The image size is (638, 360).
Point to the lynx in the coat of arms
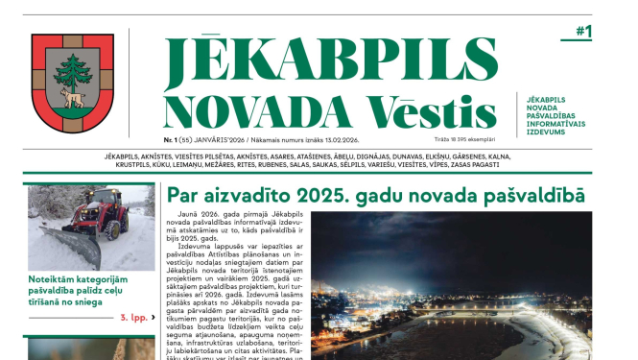72,97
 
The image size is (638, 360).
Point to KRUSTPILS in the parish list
125,165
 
